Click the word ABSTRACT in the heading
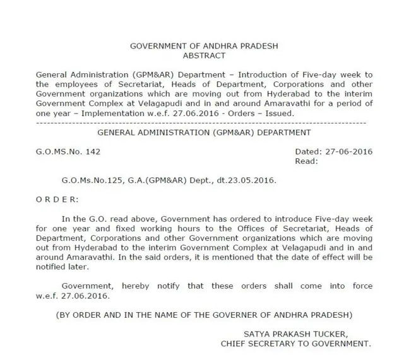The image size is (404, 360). coord(204,55)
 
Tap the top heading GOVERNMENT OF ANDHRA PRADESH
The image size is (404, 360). coord(204,47)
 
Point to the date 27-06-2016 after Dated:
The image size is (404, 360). coord(348,151)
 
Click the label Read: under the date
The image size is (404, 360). coord(307,160)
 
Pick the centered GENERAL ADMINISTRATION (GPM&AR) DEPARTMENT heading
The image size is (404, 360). coord(204,132)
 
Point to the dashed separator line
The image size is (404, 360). coord(204,122)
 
